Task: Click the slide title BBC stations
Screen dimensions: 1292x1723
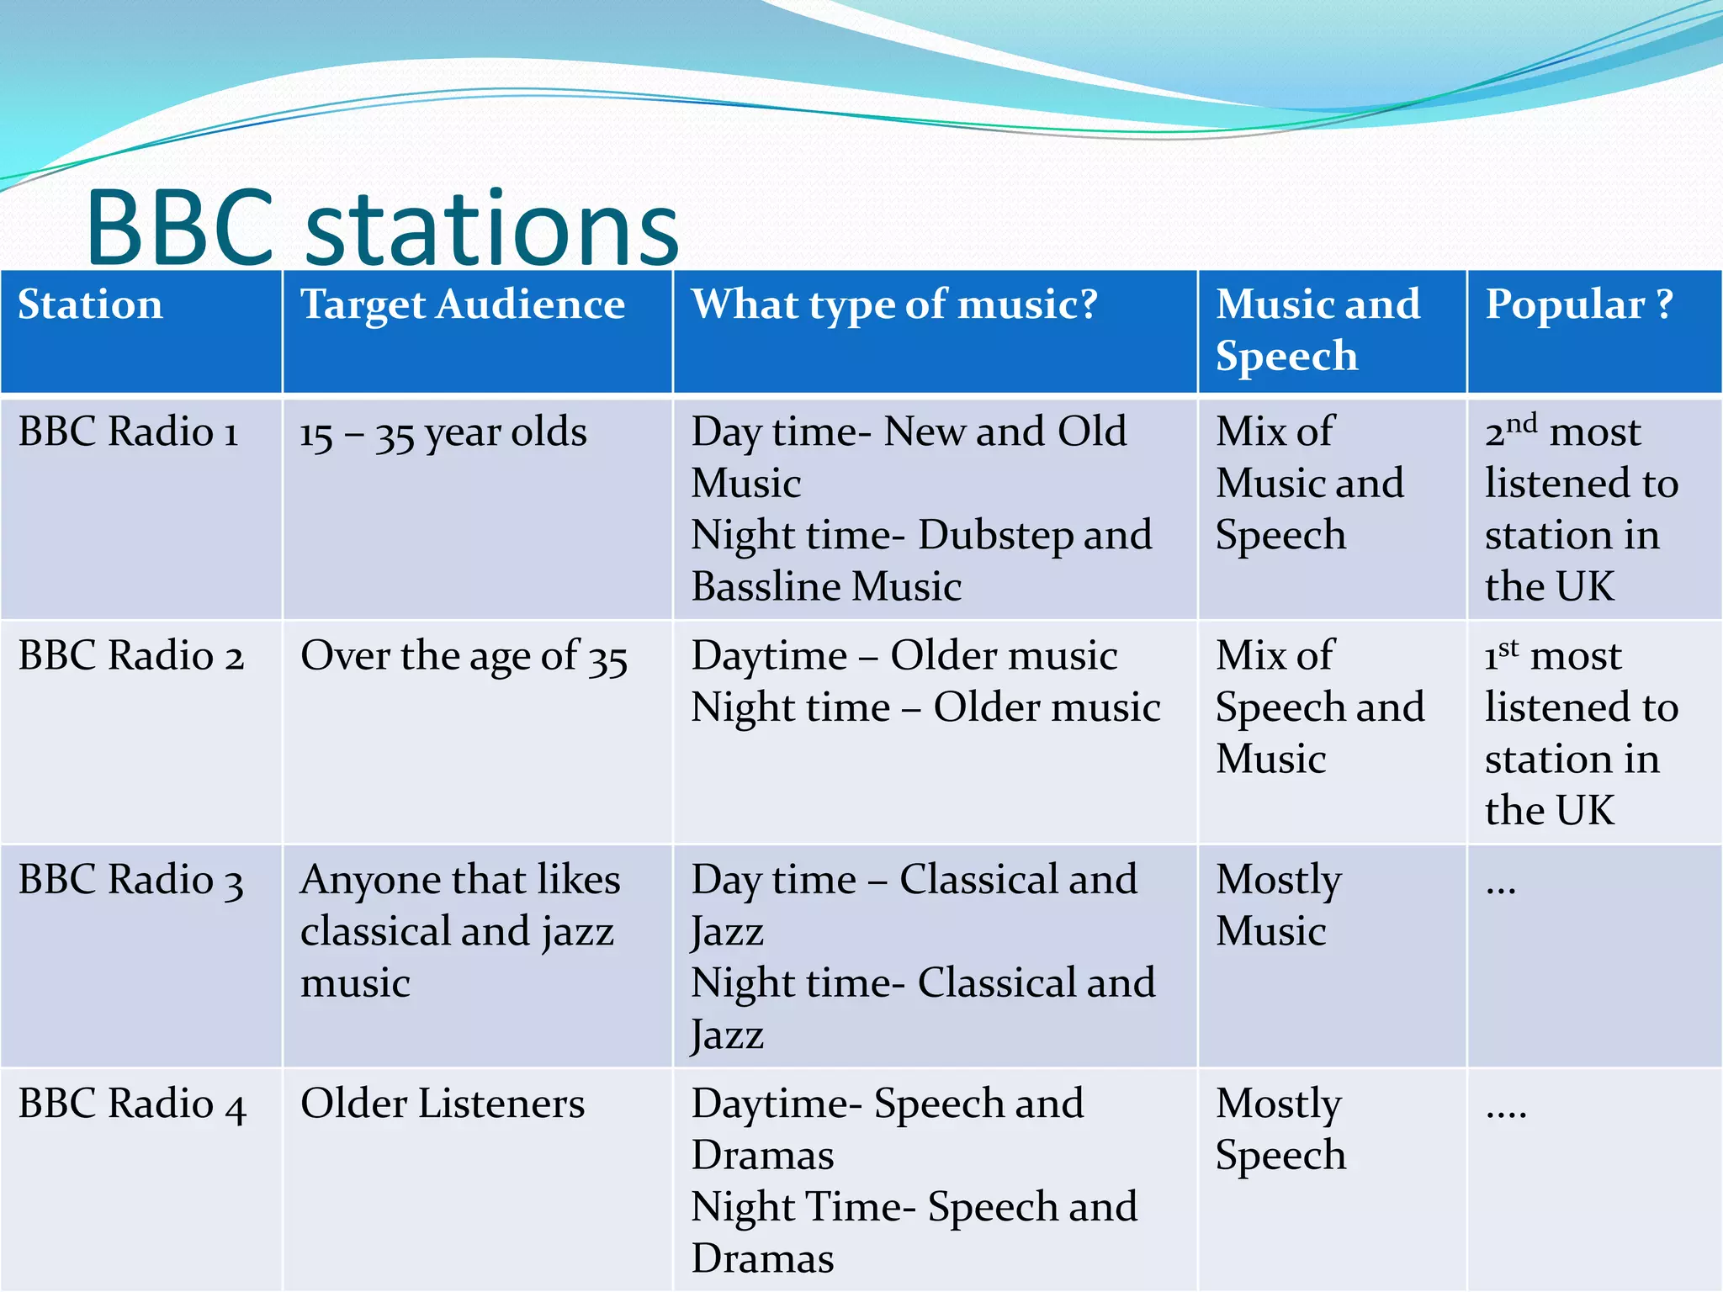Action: (383, 227)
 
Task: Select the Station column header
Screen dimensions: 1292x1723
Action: (90, 304)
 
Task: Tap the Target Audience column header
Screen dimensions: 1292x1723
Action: (463, 304)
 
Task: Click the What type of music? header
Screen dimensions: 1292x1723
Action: (894, 304)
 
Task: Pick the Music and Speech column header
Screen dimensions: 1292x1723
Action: (1317, 330)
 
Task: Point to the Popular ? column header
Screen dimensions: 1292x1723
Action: (1578, 304)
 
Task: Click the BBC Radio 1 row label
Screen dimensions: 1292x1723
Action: (128, 432)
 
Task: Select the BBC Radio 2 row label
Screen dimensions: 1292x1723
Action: (130, 656)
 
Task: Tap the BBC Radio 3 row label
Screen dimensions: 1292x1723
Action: (130, 880)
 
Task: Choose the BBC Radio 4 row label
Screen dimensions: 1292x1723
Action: (131, 1104)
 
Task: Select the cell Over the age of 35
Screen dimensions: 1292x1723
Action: (464, 656)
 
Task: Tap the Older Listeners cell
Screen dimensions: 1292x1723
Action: (443, 1104)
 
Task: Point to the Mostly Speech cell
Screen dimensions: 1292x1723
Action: (1280, 1129)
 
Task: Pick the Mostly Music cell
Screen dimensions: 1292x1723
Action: (1279, 905)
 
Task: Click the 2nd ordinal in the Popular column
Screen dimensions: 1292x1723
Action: (1511, 431)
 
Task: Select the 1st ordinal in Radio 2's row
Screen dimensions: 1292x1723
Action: (1502, 654)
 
